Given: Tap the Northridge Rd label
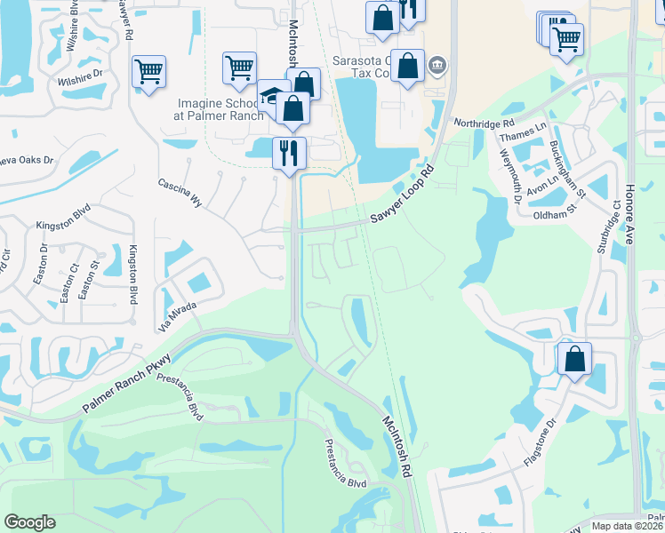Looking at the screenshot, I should click(484, 123).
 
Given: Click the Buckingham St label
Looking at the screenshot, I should click(566, 169).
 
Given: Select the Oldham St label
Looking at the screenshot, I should click(555, 214).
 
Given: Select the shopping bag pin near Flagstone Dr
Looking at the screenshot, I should click(575, 359).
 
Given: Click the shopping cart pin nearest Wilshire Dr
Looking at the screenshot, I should click(149, 71).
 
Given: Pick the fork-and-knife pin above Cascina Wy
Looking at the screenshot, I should click(290, 153).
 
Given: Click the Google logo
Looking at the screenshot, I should click(29, 522).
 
